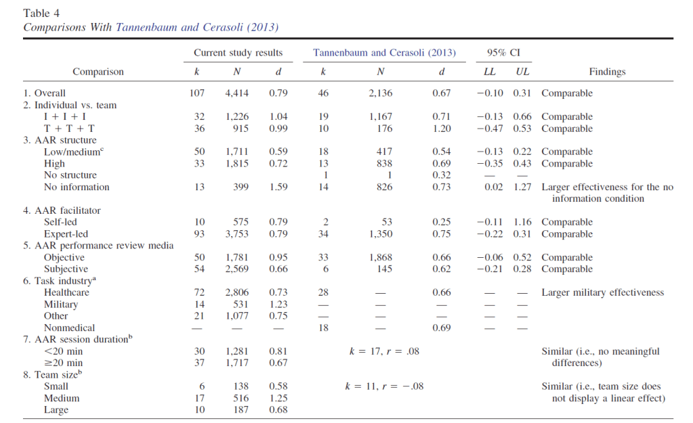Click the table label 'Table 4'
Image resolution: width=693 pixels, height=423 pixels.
(41, 14)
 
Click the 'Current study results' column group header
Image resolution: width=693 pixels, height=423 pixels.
(238, 53)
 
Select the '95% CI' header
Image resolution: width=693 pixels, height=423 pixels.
(503, 53)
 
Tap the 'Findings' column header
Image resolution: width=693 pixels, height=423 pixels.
(607, 72)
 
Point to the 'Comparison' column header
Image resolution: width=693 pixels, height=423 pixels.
(98, 72)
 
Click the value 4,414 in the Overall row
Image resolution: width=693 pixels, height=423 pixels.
(237, 93)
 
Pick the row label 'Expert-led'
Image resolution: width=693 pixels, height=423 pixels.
(66, 234)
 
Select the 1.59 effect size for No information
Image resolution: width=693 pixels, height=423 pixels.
(278, 187)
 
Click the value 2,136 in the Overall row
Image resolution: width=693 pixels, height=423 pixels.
(381, 93)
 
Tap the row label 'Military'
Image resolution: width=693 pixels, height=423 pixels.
(61, 305)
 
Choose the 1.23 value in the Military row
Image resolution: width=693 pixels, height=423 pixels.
(278, 305)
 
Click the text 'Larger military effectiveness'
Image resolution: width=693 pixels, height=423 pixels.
(603, 292)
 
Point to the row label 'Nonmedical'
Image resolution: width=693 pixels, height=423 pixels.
(69, 328)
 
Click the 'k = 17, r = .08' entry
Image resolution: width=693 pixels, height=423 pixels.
(384, 351)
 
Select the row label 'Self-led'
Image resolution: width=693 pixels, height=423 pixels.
(60, 222)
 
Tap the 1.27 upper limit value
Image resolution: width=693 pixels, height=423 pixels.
(522, 187)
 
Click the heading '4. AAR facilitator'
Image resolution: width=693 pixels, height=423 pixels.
(62, 210)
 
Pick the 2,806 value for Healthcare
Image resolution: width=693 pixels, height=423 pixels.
(237, 292)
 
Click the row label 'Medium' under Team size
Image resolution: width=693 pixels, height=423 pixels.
(62, 398)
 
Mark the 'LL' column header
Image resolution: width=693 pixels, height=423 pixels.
(490, 72)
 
